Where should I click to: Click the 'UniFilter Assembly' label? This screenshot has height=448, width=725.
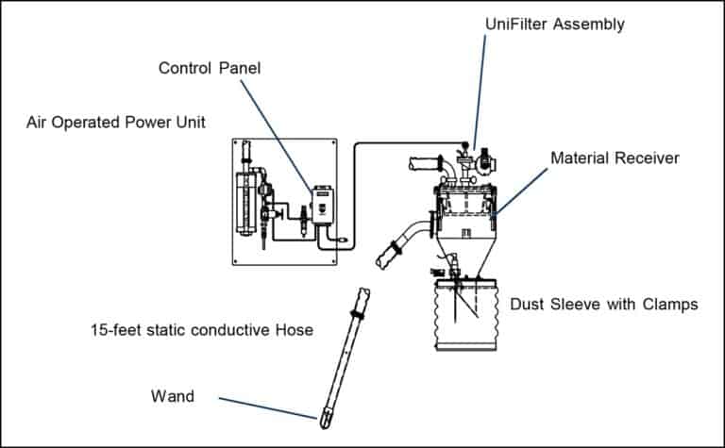pos(554,24)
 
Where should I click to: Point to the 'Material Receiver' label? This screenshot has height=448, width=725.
pos(615,158)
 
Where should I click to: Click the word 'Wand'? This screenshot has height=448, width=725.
pos(172,396)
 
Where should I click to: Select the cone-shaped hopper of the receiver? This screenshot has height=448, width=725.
pos(466,255)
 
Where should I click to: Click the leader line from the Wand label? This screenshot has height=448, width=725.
pos(269,407)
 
